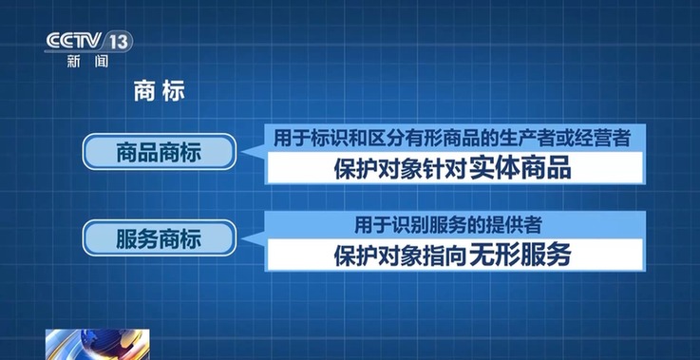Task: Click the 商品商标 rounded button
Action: pyautogui.click(x=158, y=152)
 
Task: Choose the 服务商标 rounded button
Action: pyautogui.click(x=158, y=237)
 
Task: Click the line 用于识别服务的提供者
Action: pyautogui.click(x=449, y=224)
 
